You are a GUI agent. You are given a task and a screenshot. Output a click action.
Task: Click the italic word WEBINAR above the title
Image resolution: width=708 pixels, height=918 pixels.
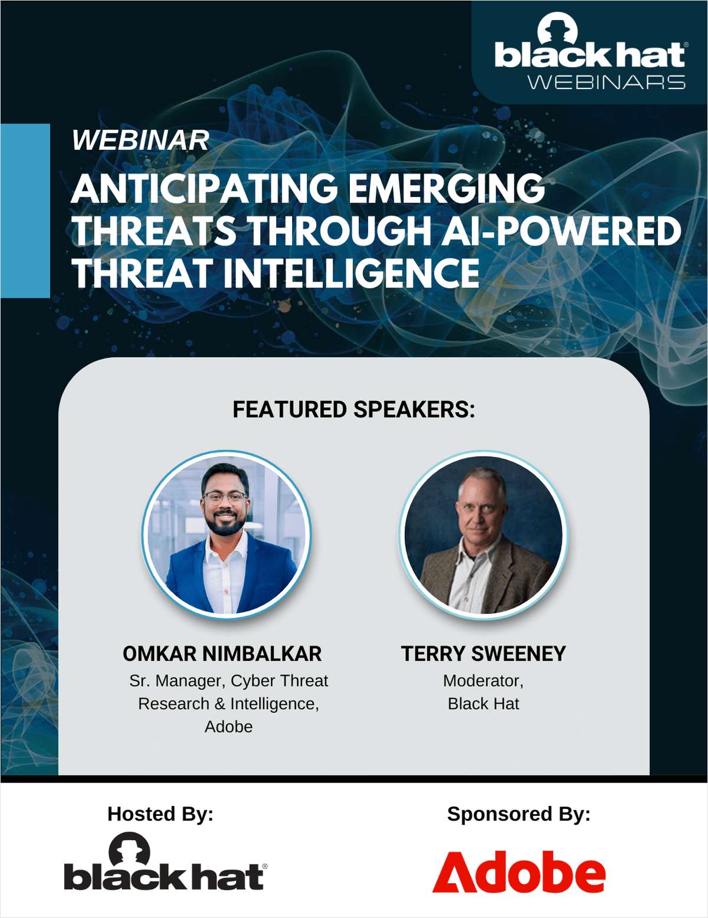(x=140, y=141)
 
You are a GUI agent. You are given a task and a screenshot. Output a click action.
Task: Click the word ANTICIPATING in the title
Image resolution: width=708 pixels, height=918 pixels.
(x=204, y=189)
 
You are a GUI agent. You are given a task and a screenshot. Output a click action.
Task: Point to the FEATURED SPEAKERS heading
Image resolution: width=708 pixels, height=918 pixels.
(x=353, y=410)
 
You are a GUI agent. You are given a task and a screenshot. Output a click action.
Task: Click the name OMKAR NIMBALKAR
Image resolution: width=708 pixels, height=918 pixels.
(x=222, y=654)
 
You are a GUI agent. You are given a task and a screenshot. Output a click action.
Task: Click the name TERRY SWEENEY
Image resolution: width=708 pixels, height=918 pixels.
(x=483, y=654)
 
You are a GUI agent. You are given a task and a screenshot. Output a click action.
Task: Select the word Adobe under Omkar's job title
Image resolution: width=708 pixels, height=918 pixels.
(x=228, y=727)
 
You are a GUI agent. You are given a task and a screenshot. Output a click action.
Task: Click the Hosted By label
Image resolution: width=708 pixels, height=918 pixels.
(x=160, y=814)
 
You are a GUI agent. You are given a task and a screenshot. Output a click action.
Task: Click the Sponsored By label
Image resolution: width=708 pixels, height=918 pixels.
(x=519, y=814)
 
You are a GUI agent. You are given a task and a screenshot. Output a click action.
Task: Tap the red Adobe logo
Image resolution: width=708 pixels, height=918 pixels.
(x=519, y=872)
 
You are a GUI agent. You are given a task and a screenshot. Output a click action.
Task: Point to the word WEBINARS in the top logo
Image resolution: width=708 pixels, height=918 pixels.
(x=606, y=82)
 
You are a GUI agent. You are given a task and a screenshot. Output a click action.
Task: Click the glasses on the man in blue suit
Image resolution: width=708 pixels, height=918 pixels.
(x=224, y=497)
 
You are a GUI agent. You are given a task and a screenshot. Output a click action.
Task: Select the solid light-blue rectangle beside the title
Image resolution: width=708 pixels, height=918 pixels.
(x=25, y=210)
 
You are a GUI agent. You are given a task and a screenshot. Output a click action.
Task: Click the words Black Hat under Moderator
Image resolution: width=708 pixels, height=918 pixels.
(x=483, y=704)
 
